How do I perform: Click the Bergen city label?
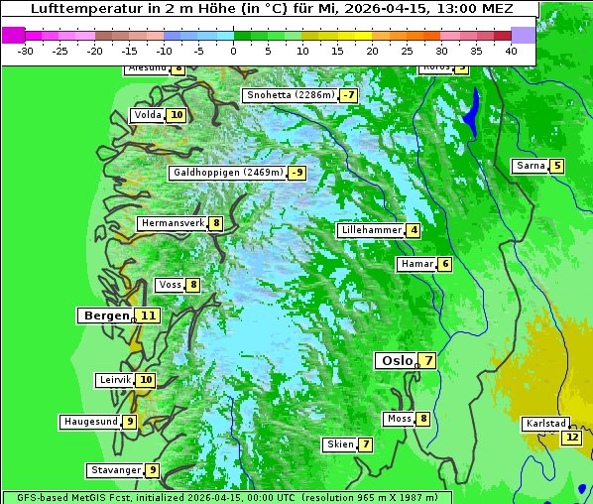(105, 315)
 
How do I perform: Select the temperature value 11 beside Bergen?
(148, 315)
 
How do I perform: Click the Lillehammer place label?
(371, 230)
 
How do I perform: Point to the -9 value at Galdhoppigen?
(296, 173)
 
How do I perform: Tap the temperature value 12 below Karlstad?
(571, 437)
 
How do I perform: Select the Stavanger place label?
(114, 470)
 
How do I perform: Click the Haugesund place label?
(90, 422)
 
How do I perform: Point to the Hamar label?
(415, 264)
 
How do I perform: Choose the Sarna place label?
(530, 166)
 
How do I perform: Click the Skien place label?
(339, 444)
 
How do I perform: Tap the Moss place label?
(399, 419)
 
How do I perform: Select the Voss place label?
(170, 285)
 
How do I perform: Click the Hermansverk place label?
(172, 223)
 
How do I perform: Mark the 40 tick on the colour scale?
(511, 51)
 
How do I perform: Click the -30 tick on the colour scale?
(26, 51)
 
